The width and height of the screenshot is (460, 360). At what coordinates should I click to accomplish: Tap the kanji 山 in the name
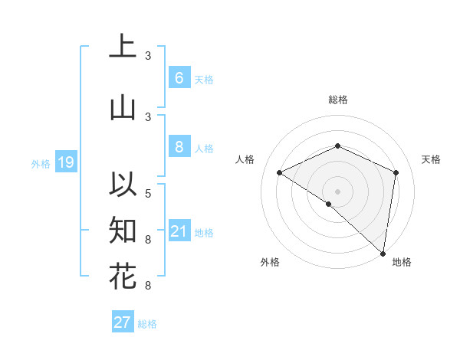click(x=123, y=108)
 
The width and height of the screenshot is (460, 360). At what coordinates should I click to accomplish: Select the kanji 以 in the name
click(x=123, y=184)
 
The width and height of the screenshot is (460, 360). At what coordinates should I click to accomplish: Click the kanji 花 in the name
click(x=123, y=277)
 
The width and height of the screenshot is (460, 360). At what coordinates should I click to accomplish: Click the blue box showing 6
click(x=179, y=77)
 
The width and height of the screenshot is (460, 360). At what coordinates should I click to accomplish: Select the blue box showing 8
click(x=179, y=147)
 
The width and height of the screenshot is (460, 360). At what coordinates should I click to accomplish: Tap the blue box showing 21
click(x=179, y=231)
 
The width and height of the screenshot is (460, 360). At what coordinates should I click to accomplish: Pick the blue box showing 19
click(x=65, y=162)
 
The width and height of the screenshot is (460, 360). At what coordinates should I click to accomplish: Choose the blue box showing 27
click(x=122, y=322)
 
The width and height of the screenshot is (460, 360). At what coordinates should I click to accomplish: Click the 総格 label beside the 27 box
click(x=147, y=324)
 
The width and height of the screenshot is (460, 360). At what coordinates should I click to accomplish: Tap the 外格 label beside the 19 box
click(x=41, y=163)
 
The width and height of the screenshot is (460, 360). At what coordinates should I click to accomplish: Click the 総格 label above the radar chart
click(x=338, y=100)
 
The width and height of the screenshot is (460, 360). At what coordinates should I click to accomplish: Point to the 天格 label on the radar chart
click(x=431, y=159)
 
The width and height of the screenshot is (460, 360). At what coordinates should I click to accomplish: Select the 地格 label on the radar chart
click(x=402, y=262)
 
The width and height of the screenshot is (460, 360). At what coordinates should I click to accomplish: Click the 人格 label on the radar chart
click(x=245, y=159)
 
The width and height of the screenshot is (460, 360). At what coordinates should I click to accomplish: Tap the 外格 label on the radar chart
click(x=270, y=262)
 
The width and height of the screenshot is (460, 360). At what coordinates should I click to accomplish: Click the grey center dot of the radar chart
click(x=337, y=191)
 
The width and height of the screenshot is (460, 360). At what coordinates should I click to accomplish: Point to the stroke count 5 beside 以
click(x=148, y=192)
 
